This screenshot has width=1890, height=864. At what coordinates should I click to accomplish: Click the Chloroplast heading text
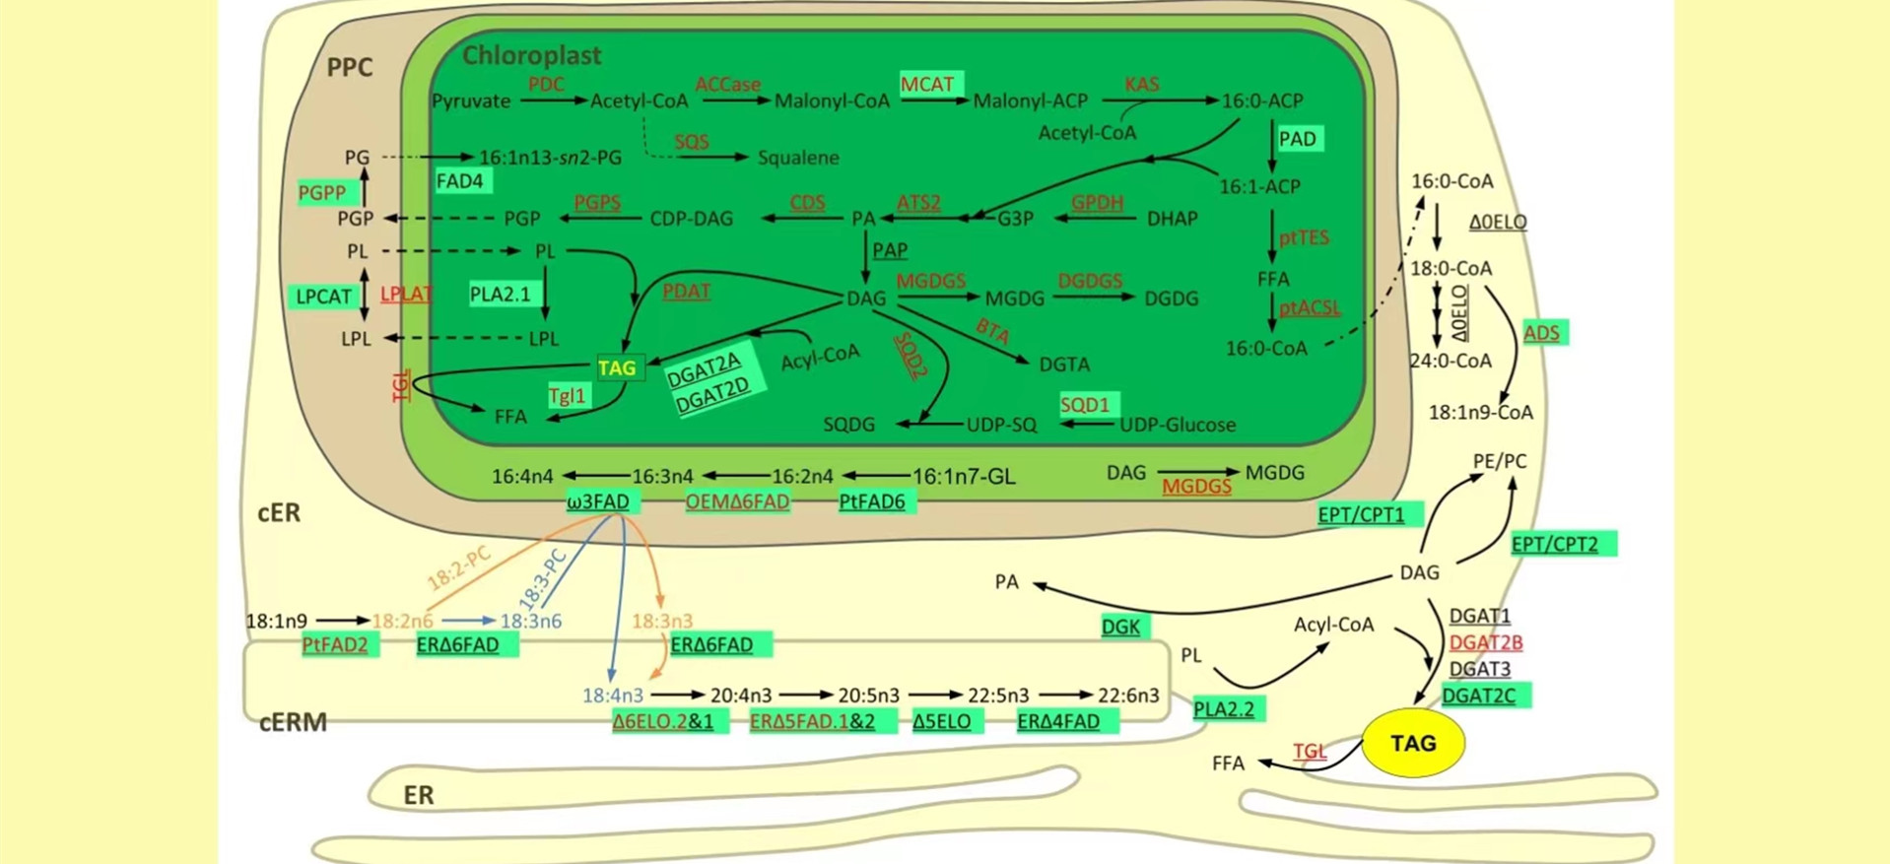pyautogui.click(x=531, y=55)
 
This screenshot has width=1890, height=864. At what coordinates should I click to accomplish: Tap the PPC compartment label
pyautogui.click(x=350, y=67)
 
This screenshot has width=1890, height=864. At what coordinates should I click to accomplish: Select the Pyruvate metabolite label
pyautogui.click(x=471, y=100)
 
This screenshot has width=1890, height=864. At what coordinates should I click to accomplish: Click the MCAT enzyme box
pyautogui.click(x=927, y=84)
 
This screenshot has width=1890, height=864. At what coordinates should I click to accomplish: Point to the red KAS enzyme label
pyautogui.click(x=1141, y=84)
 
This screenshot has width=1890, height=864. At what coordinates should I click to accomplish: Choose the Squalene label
pyautogui.click(x=798, y=158)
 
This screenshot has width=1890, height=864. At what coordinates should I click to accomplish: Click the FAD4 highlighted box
pyautogui.click(x=460, y=181)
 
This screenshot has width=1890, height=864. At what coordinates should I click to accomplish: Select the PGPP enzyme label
pyautogui.click(x=322, y=192)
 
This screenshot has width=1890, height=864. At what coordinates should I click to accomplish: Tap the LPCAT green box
pyautogui.click(x=324, y=297)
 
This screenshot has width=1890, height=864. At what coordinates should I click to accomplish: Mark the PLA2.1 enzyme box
pyautogui.click(x=501, y=294)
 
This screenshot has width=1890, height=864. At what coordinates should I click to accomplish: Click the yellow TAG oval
pyautogui.click(x=1412, y=743)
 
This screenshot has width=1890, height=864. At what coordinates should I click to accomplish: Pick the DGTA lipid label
pyautogui.click(x=1064, y=365)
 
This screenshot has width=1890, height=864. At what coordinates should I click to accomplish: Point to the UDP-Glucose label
pyautogui.click(x=1178, y=425)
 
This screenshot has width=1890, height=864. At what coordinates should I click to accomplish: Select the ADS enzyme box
pyautogui.click(x=1541, y=333)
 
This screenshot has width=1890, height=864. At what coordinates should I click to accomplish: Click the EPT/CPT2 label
pyautogui.click(x=1555, y=544)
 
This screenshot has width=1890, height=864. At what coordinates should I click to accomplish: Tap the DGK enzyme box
pyautogui.click(x=1120, y=627)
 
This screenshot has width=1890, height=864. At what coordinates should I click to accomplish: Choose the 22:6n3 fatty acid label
pyautogui.click(x=1128, y=696)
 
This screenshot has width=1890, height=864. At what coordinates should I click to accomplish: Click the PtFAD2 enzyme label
pyautogui.click(x=335, y=645)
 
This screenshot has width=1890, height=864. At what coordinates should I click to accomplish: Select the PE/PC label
pyautogui.click(x=1499, y=461)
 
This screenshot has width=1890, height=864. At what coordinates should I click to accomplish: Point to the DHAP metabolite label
pyautogui.click(x=1172, y=219)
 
